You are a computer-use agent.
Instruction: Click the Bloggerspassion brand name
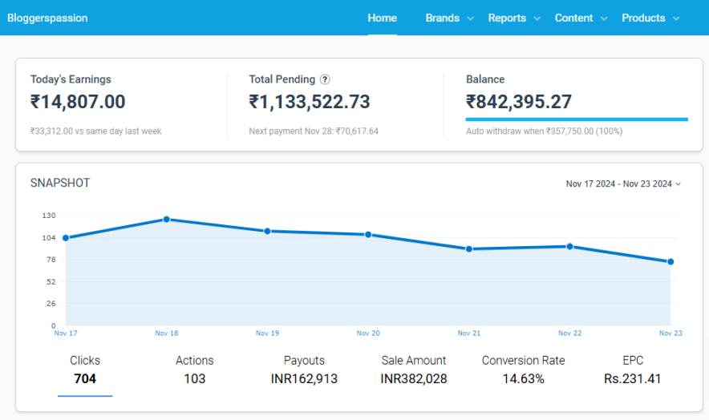click(47, 18)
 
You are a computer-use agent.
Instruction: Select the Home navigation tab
click(382, 18)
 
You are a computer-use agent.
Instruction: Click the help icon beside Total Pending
click(325, 79)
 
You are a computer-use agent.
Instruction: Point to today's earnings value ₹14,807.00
click(78, 102)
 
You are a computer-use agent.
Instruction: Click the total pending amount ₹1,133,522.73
click(310, 102)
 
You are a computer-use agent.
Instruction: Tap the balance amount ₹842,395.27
click(519, 102)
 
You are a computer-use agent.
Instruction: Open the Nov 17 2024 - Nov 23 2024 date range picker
click(623, 184)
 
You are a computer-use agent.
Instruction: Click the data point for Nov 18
click(166, 219)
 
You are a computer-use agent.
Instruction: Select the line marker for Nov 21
click(469, 249)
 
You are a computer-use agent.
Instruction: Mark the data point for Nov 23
click(671, 261)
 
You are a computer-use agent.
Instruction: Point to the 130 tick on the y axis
click(48, 216)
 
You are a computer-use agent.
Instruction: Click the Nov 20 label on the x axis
click(368, 333)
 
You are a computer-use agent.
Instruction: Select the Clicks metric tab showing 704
click(85, 370)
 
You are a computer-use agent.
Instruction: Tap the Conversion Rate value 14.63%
click(523, 378)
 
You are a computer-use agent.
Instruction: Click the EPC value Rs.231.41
click(632, 378)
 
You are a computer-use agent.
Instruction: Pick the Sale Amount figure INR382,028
click(414, 378)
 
